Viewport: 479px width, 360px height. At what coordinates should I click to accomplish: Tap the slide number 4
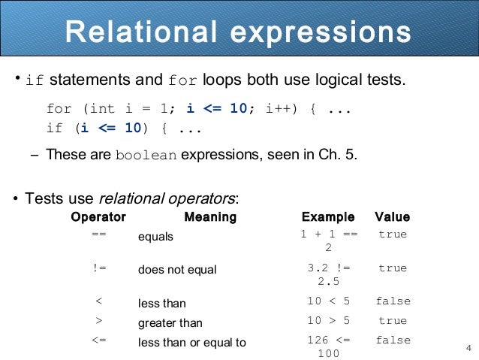coord(468,347)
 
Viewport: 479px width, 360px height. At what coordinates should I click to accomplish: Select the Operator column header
coord(98,217)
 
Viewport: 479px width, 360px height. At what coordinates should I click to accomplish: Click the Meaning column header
coord(210,217)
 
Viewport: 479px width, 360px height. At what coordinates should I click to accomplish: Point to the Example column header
coord(327,217)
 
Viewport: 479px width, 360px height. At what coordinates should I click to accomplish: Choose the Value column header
coord(392,217)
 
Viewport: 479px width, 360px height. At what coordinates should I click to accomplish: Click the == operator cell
coord(98,234)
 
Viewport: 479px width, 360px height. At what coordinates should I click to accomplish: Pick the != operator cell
coord(98,268)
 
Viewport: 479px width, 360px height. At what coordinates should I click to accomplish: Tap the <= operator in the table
coord(98,340)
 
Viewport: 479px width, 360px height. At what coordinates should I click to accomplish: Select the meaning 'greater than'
coord(170,323)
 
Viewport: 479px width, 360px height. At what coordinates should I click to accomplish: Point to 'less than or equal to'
coord(192,343)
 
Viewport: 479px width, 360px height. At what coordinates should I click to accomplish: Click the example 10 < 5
coord(329,301)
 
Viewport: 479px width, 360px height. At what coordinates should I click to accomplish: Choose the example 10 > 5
coord(329,320)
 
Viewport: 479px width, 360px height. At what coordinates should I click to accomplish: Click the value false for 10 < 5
coord(393,301)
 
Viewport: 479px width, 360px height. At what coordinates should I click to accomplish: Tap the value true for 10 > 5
coord(393,320)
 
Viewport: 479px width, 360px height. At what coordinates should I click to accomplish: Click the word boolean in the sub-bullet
coord(146,156)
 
